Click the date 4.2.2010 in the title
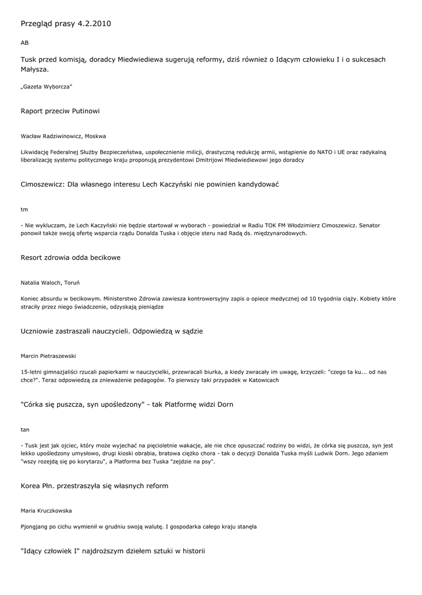94,24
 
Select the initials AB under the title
24,43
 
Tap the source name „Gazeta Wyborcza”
46,87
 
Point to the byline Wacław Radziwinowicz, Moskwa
63,136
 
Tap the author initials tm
24,209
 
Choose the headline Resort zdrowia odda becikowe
70,257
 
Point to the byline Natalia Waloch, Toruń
50,283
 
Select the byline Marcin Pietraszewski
48,356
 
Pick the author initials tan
24,429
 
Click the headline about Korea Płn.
94,486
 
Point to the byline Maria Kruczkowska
46,511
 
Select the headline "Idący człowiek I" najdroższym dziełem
112,550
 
